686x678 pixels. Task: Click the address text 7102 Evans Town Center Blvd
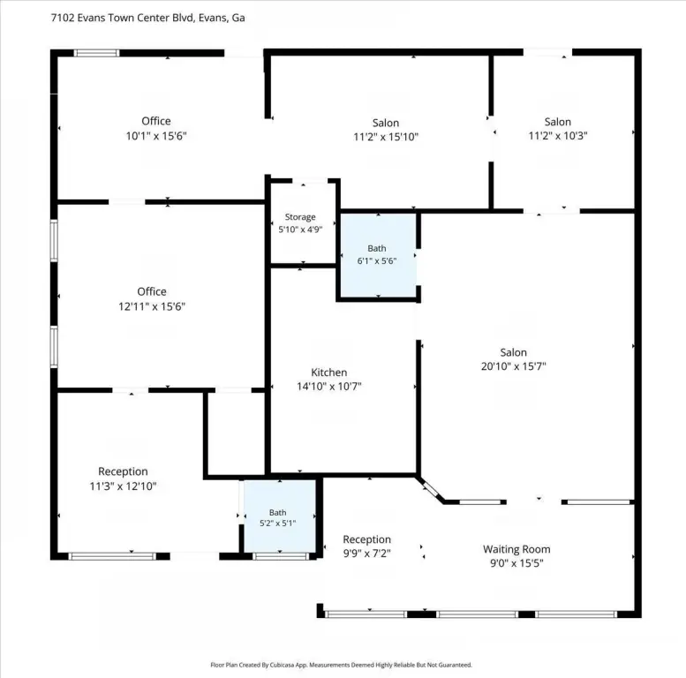[x=123, y=18]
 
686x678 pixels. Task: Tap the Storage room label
[x=300, y=217]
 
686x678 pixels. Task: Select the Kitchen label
[x=329, y=373]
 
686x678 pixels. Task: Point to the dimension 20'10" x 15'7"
[x=514, y=366]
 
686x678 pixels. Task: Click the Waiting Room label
[x=516, y=549]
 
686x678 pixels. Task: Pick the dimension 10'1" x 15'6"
[x=156, y=136]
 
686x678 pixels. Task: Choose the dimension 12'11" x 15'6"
[x=152, y=306]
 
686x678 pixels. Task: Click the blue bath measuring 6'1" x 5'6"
[x=379, y=255]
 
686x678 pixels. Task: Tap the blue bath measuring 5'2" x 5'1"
[x=280, y=516]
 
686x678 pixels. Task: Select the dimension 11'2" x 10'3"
[x=558, y=136]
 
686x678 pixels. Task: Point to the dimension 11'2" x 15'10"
[x=386, y=137]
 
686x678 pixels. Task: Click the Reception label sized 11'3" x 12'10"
[x=123, y=471]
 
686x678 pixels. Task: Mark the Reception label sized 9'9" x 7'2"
[x=366, y=539]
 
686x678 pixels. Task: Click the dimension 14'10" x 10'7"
[x=329, y=387]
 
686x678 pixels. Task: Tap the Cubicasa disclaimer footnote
[x=342, y=665]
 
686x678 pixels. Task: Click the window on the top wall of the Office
[x=96, y=53]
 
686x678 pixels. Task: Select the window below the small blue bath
[x=281, y=556]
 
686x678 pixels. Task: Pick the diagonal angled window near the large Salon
[x=432, y=489]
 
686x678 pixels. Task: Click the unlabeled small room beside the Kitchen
[x=237, y=433]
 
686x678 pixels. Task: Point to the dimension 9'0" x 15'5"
[x=516, y=563]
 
